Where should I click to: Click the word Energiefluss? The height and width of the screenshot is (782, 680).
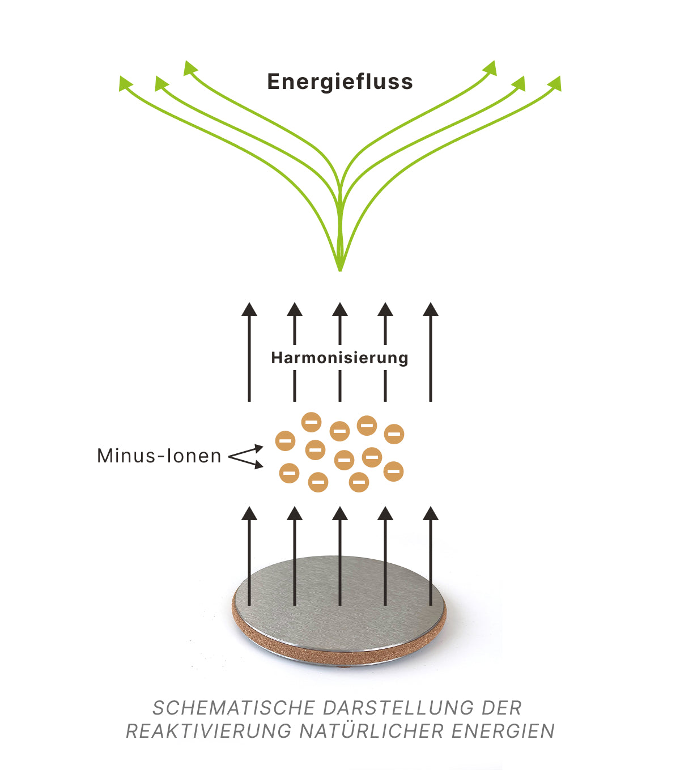click(x=340, y=82)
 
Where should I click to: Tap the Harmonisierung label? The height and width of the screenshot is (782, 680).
click(x=339, y=358)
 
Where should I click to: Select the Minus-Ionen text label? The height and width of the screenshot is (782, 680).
click(x=159, y=456)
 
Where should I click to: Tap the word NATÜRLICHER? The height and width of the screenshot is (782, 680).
click(x=372, y=731)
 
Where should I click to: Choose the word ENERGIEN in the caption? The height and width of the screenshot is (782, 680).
click(x=503, y=731)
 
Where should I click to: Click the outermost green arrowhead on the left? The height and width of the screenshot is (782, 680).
click(x=125, y=83)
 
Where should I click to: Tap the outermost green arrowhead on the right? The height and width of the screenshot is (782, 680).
click(x=555, y=83)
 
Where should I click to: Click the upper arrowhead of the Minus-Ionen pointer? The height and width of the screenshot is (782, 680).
click(x=259, y=448)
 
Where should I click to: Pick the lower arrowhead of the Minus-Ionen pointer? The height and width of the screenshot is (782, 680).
click(x=259, y=465)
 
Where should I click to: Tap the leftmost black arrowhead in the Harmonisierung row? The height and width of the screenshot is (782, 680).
click(x=249, y=309)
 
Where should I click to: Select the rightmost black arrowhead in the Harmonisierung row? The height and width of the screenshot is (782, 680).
click(x=431, y=309)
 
